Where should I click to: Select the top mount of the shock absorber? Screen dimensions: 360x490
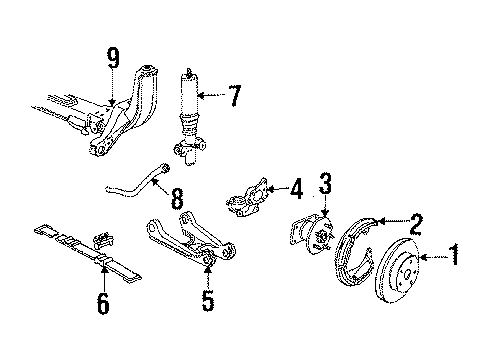(187, 72)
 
